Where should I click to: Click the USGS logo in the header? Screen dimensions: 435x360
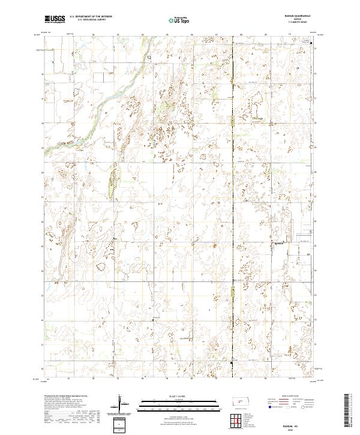(55, 19)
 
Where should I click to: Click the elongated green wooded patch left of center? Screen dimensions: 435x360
(112, 181)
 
